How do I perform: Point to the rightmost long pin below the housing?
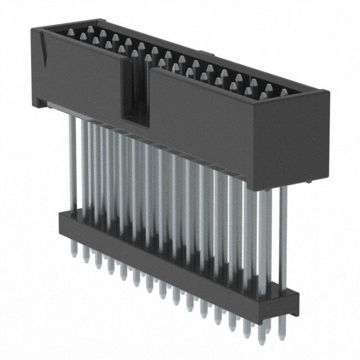click(x=283, y=236)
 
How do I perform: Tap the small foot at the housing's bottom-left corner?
click(x=40, y=102)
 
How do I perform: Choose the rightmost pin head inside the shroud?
click(x=284, y=92)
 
